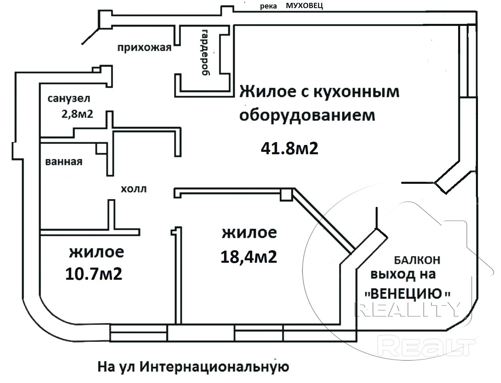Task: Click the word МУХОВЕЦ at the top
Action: coord(304,6)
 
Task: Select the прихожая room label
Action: coord(144,48)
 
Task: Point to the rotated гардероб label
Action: coord(205,52)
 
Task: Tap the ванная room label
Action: coord(64,162)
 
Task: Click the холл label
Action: coord(133,189)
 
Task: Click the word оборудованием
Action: coord(307,115)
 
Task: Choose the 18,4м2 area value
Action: coord(249,257)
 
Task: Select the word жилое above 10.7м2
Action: coord(96,253)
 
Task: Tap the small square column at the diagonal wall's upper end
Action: coord(286,194)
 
